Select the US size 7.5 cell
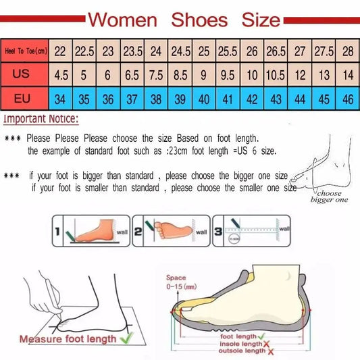[x=155, y=74]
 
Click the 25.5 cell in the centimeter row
[x=227, y=51]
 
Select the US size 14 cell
[x=347, y=74]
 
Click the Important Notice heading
[x=41, y=120]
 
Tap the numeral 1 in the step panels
[x=58, y=233]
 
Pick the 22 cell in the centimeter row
[x=60, y=51]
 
